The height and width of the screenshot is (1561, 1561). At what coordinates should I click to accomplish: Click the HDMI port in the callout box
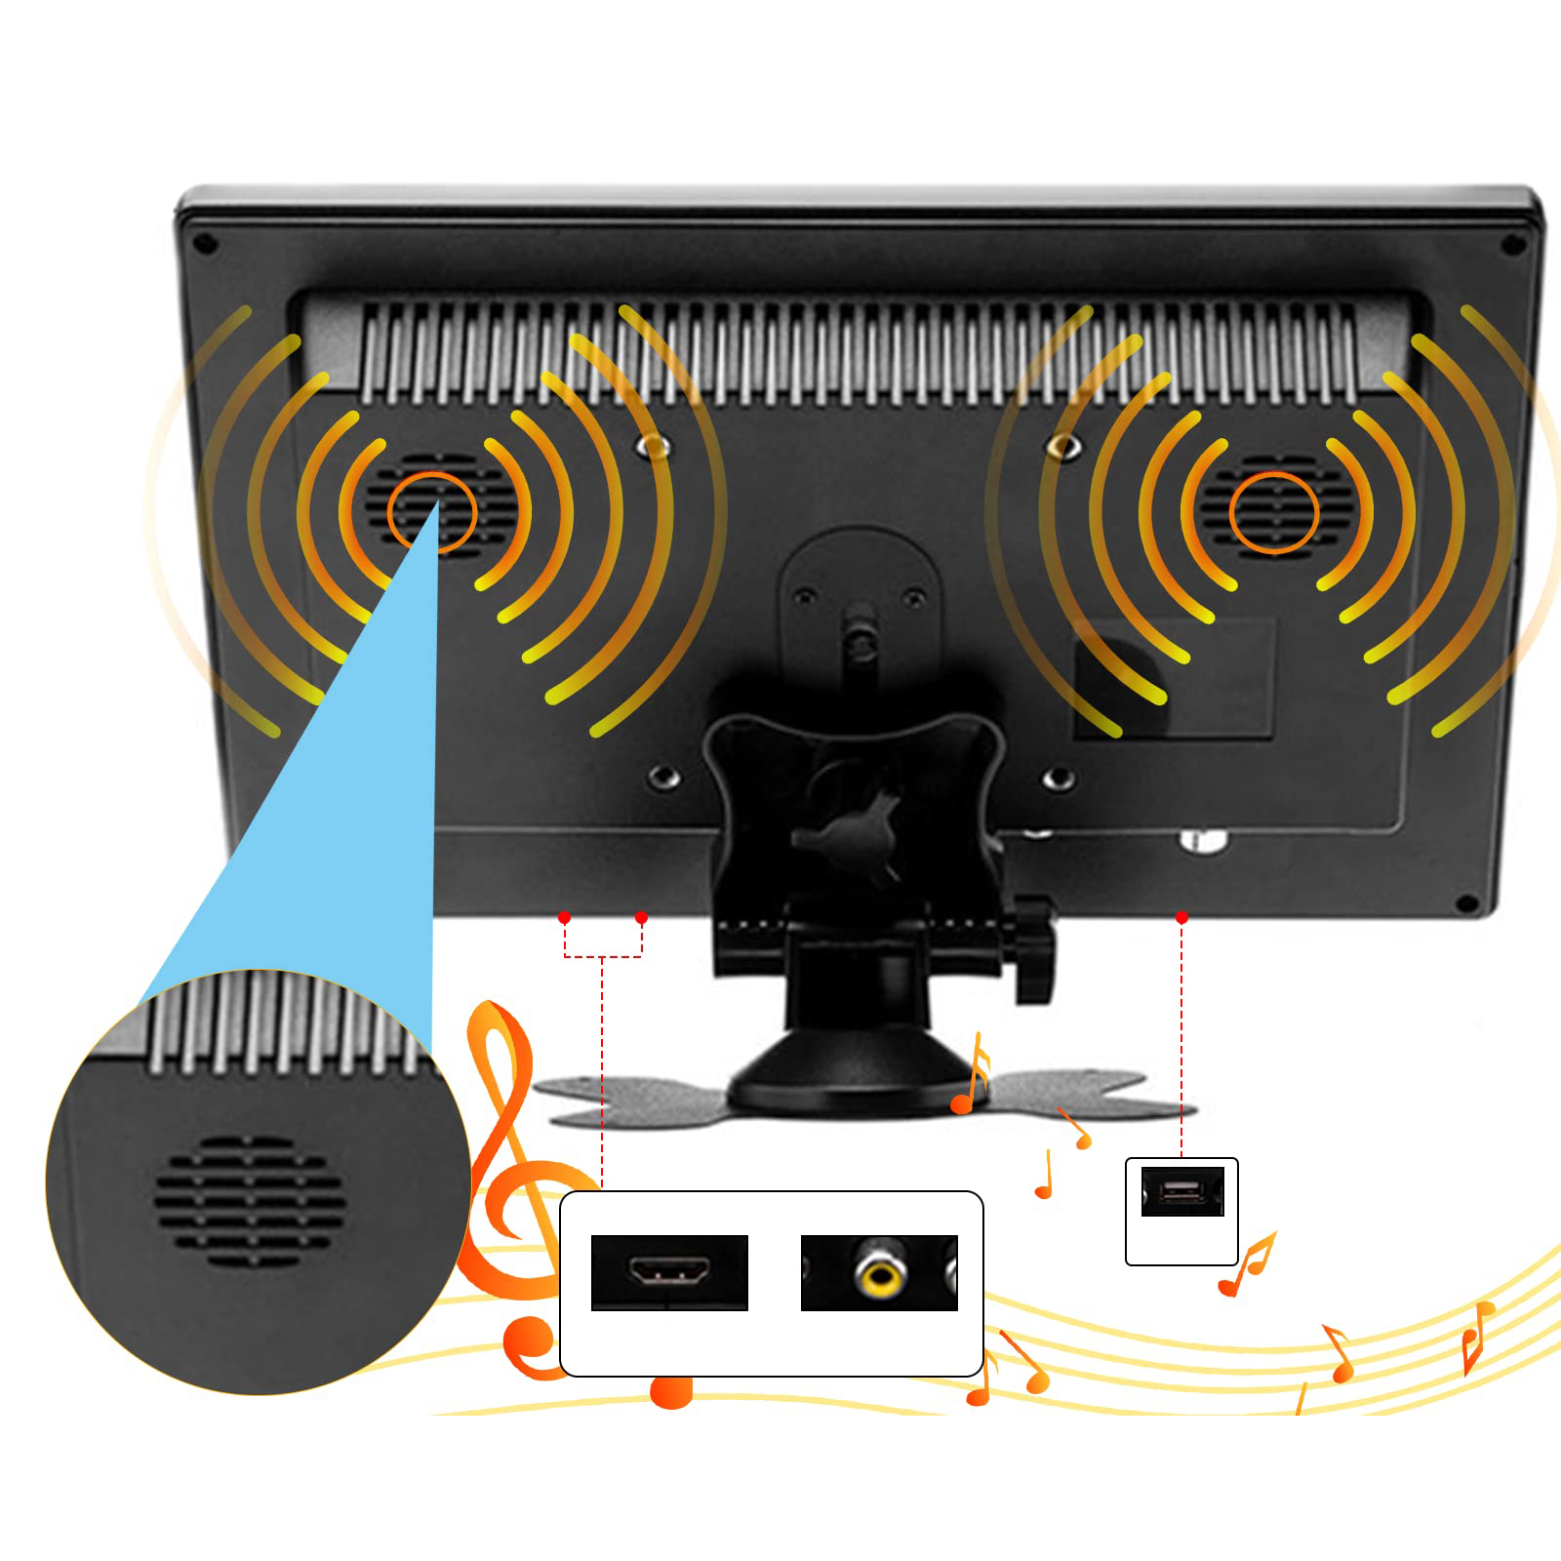tap(669, 1271)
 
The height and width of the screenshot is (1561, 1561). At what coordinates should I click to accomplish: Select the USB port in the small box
tap(1182, 1190)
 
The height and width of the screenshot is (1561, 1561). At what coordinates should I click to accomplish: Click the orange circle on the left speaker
tap(432, 512)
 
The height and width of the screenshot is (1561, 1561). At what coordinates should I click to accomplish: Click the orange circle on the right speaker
tap(1273, 512)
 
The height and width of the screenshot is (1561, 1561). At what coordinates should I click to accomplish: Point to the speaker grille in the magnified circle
tap(250, 1200)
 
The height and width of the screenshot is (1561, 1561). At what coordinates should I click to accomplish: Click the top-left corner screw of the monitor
tap(206, 244)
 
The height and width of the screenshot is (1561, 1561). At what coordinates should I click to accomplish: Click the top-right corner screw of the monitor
tap(1513, 244)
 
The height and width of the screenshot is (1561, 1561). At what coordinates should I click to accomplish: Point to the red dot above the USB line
tap(1181, 918)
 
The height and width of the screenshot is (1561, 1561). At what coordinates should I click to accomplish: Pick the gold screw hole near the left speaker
tap(654, 448)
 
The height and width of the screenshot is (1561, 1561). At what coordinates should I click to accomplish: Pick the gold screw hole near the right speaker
tap(1063, 448)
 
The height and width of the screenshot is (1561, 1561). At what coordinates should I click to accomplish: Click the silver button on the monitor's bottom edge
tap(1204, 839)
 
